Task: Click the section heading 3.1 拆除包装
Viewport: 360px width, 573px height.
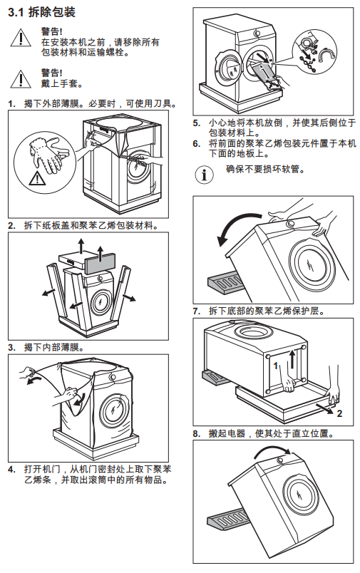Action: pos(41,12)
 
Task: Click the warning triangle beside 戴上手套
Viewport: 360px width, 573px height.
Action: pos(21,79)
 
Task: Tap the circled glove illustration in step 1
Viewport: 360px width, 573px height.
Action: pos(46,164)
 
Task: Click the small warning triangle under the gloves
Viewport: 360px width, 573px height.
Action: pos(36,178)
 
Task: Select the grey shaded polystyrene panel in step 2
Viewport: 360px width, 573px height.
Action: pos(101,264)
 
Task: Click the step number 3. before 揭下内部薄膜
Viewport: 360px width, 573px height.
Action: pos(11,347)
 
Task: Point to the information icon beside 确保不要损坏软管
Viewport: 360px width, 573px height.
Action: pos(204,175)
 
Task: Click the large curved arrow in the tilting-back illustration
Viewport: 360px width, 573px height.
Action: pos(237,227)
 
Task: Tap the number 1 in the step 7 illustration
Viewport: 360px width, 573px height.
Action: pos(276,365)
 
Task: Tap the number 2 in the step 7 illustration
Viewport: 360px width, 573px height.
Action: pos(339,413)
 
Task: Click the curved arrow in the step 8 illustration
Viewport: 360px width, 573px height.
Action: pos(272,452)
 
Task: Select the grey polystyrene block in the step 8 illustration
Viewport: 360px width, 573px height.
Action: pos(227,517)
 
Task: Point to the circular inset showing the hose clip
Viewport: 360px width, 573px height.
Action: pos(314,52)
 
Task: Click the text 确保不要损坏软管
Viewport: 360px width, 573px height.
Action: pos(265,169)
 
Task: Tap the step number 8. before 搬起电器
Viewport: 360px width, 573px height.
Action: pos(197,434)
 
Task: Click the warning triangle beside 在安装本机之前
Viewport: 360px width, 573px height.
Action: pos(21,38)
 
